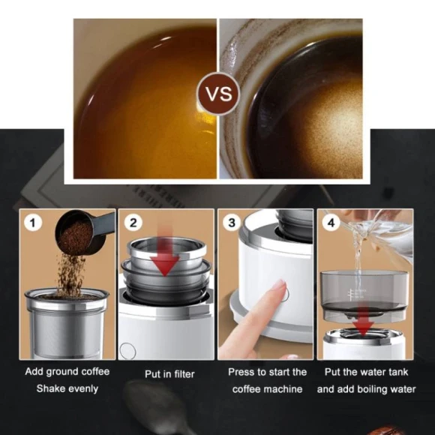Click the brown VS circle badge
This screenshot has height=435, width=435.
coord(217,95)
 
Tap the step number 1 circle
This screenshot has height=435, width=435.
coord(32,222)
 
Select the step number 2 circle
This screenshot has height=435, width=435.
coord(133,222)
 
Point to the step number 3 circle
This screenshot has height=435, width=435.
coord(232,222)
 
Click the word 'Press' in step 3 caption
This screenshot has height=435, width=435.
coord(241,372)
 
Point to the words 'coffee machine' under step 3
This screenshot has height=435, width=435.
coord(267,388)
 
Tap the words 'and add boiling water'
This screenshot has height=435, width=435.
coord(366,388)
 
